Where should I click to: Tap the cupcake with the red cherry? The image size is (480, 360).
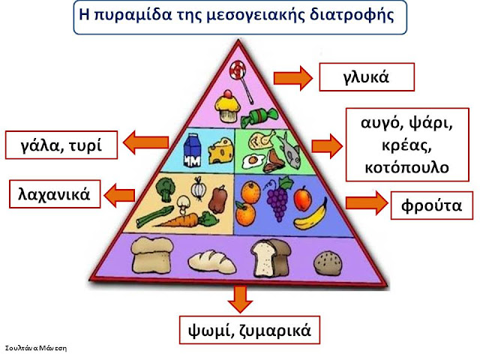[x=227, y=106]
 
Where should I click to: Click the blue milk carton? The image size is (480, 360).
[x=192, y=150]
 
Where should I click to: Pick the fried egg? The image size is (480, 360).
[x=253, y=161]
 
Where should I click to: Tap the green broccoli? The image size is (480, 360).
[x=165, y=189]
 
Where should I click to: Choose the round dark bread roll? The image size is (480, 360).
[x=328, y=263]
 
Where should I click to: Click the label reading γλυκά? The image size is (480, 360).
[x=367, y=77]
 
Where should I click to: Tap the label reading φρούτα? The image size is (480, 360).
[x=432, y=205]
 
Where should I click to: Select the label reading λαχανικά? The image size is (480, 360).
[x=55, y=194]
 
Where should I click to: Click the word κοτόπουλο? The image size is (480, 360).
[x=406, y=167]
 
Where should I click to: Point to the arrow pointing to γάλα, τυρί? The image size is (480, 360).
[x=145, y=142]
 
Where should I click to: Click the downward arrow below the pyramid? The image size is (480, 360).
[x=240, y=299]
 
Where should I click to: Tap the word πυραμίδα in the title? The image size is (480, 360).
[x=133, y=15]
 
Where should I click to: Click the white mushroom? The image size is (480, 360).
[x=183, y=205]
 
